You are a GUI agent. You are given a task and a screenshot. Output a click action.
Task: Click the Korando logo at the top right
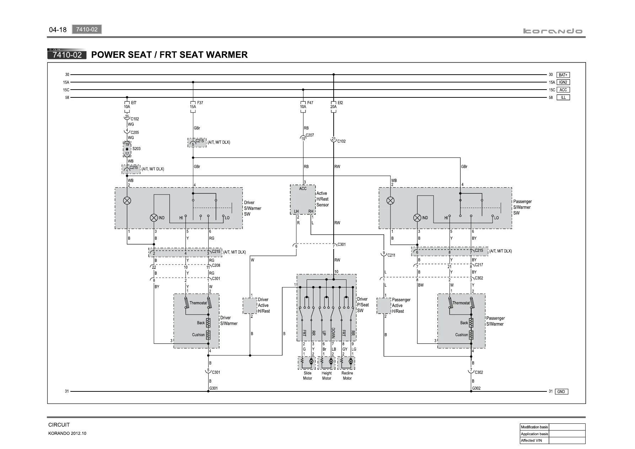pyautogui.click(x=553, y=31)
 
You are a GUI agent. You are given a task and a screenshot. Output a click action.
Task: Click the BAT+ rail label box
pyautogui.click(x=563, y=75)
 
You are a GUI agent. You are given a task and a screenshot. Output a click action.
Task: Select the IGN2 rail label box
pyautogui.click(x=563, y=82)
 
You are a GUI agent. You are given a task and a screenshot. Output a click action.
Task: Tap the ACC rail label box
pyautogui.click(x=563, y=90)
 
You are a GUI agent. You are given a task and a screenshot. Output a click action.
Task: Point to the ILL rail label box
pyautogui.click(x=563, y=97)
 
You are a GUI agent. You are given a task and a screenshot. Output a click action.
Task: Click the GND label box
pyautogui.click(x=561, y=392)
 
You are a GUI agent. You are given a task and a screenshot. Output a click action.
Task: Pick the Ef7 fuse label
pyautogui.click(x=134, y=103)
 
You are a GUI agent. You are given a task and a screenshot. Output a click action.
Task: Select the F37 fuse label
pyautogui.click(x=200, y=103)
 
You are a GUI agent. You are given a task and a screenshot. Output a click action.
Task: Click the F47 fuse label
pyautogui.click(x=310, y=103)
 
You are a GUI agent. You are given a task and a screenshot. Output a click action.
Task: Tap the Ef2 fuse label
pyautogui.click(x=340, y=103)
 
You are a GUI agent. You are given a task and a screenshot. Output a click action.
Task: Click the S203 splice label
pyautogui.click(x=136, y=149)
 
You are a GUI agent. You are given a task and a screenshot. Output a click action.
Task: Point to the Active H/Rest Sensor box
pyautogui.click(x=303, y=199)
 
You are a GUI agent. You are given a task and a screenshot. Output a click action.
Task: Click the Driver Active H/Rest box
pyautogui.click(x=250, y=306)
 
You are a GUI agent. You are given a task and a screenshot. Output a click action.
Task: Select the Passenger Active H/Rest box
pyautogui.click(x=384, y=306)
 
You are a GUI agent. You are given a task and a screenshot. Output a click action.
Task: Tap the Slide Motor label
pyautogui.click(x=307, y=376)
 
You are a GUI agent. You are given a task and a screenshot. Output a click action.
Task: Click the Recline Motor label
pyautogui.click(x=347, y=376)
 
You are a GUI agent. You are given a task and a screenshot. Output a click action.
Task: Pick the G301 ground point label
pyautogui.click(x=214, y=388)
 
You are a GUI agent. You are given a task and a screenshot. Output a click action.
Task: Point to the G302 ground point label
pyautogui.click(x=476, y=388)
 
